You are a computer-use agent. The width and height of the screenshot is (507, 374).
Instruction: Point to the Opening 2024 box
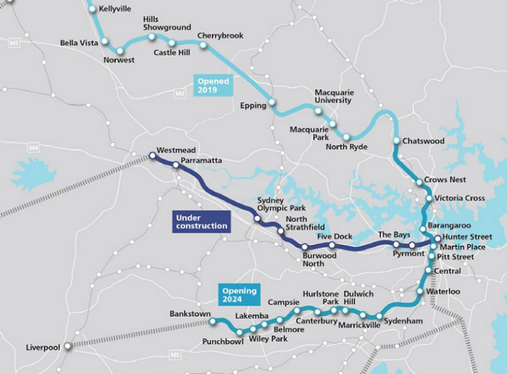(x=239, y=294)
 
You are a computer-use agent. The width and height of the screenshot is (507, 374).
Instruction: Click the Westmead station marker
(x=152, y=155)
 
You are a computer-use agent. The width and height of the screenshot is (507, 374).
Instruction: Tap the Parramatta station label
(x=201, y=160)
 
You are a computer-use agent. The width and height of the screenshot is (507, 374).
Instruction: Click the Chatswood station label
(x=423, y=141)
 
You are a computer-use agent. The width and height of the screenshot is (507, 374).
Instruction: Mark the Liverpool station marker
(x=68, y=346)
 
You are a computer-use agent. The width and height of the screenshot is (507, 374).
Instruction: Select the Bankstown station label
(x=189, y=314)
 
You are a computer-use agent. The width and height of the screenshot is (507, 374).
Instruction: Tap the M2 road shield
(x=180, y=93)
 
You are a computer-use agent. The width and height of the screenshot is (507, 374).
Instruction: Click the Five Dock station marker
(x=332, y=246)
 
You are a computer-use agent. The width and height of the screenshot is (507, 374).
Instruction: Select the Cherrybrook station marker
(x=204, y=46)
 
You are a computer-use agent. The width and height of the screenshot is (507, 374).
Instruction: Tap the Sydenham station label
(x=403, y=319)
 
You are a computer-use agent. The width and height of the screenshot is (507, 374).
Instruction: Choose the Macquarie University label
(x=332, y=96)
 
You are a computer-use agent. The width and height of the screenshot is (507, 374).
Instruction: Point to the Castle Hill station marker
(x=172, y=43)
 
